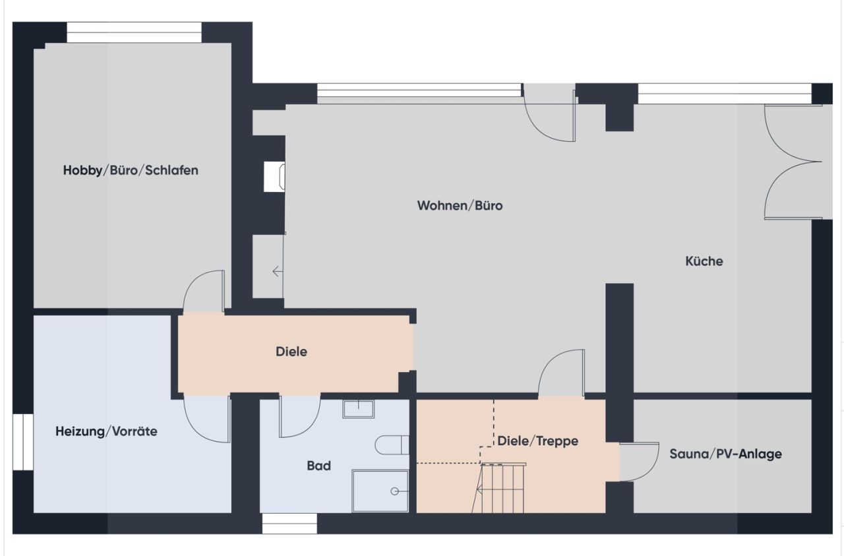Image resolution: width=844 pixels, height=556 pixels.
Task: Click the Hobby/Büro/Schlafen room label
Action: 131,170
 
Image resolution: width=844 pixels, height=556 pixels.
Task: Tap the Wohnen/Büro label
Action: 460,206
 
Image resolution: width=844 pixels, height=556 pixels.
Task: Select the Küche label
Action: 704,261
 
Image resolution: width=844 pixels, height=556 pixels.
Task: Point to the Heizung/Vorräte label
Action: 106,431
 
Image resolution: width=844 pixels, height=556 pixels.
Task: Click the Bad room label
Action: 318,466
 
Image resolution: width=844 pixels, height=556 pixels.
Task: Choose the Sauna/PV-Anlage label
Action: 725,454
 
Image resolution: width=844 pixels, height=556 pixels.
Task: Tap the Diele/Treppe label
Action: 537,441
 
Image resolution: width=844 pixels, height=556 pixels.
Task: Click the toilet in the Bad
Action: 392,445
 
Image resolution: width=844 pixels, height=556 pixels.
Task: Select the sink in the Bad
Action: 358,409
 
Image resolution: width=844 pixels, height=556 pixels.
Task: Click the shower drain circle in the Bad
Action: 394,491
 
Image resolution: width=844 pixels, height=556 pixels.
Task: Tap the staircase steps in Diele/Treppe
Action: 504,488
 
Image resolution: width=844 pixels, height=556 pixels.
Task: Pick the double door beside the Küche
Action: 791,162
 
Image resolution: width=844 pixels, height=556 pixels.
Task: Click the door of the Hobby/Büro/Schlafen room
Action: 204,292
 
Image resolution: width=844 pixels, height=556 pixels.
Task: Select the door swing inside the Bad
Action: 299,417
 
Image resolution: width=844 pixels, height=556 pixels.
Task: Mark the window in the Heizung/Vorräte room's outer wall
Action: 23,442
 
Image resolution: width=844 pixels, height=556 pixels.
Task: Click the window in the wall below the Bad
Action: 289,524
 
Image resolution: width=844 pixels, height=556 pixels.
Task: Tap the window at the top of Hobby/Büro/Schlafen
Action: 135,32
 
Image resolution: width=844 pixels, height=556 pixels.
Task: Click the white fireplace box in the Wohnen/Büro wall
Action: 274,177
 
